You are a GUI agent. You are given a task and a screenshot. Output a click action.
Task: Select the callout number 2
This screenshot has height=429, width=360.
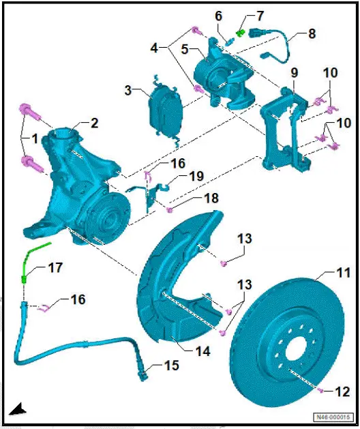point(94,123)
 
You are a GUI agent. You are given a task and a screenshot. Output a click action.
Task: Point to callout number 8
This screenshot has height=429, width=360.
point(312,33)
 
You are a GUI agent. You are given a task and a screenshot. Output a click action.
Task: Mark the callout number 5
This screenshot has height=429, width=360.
point(184,49)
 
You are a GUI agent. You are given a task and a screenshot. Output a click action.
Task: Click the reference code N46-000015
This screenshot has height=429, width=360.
point(332,417)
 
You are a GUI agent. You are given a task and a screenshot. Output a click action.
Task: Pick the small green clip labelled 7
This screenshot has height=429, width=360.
point(240,31)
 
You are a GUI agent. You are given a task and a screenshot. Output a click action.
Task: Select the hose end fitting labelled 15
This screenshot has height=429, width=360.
point(144,373)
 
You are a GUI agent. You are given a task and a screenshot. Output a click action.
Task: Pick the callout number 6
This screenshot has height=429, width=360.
point(218,16)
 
